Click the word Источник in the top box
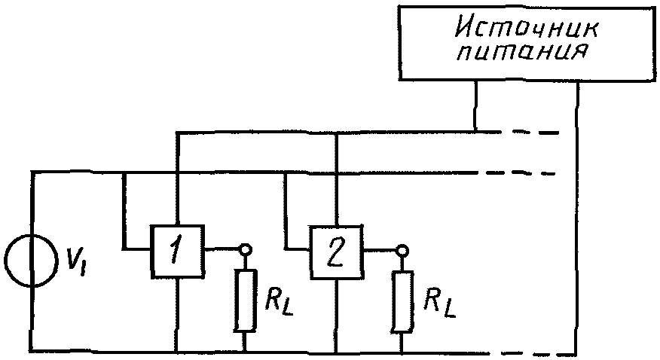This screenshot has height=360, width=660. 526,29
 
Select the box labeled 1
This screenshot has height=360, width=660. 178,251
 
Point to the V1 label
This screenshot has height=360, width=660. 76,262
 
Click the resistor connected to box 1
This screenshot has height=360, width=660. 245,301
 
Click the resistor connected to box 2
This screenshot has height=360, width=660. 402,302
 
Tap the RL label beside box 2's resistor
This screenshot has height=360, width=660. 439,304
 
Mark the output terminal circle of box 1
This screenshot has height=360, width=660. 245,250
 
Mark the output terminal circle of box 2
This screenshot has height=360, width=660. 403,251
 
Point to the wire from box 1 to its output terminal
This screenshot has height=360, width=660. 222,250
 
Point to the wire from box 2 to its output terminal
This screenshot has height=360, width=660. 380,251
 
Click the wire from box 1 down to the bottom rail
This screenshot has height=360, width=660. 177,314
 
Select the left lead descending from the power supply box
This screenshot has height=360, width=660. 475,105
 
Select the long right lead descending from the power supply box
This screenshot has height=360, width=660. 577,218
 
